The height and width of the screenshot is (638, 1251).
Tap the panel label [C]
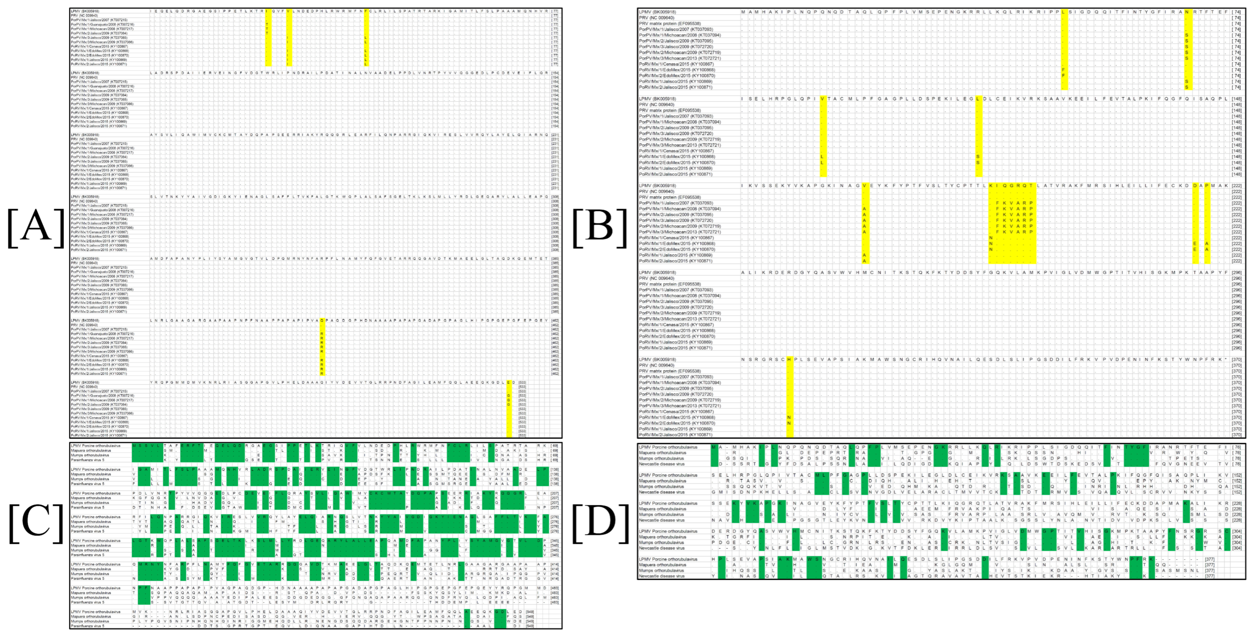(36, 523)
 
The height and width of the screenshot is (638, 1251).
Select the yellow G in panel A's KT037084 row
(508, 404)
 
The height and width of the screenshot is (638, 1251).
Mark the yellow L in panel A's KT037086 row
(365, 42)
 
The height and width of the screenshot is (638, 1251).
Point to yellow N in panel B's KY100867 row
(991, 238)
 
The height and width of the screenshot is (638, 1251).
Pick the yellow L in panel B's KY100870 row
(822, 162)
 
